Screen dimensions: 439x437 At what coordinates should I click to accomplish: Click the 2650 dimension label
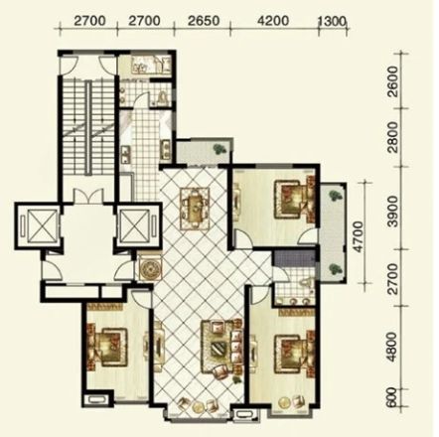[204, 21]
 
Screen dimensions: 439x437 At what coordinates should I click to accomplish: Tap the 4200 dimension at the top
[273, 21]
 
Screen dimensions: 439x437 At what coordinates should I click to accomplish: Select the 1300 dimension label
[332, 22]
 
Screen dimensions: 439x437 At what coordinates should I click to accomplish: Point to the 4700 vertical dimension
[358, 236]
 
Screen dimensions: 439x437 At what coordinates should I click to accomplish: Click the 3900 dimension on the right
[393, 211]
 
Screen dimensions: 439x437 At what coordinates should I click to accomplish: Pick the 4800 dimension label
[393, 347]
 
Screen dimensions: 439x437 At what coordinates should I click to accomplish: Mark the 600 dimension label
[392, 397]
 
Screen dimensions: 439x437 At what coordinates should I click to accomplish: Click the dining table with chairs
[195, 209]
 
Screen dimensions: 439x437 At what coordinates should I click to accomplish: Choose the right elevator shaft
[138, 226]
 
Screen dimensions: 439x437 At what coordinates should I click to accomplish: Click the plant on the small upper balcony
[219, 149]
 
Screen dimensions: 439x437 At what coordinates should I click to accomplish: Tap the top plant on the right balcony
[336, 195]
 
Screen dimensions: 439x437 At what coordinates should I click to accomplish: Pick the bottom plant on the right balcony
[335, 268]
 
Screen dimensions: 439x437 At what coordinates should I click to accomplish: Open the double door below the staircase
[87, 196]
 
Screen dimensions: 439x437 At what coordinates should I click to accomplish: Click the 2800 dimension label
[393, 137]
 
